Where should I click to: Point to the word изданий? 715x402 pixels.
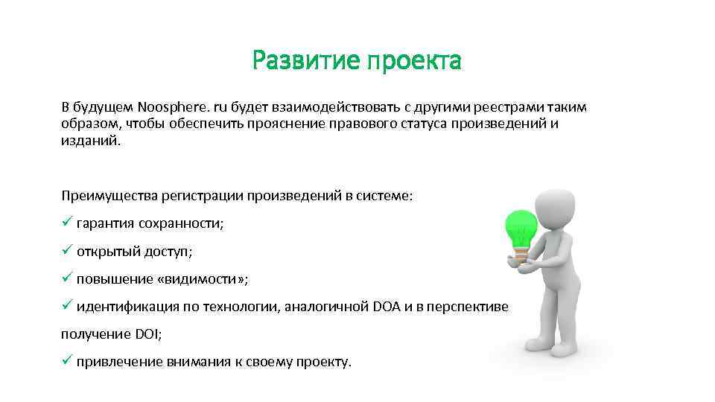coord(89,141)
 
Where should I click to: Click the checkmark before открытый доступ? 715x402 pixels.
coord(66,251)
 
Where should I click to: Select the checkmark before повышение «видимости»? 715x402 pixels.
coord(66,278)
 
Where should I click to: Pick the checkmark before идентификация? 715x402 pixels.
coord(66,306)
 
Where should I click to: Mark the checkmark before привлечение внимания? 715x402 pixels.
coord(66,361)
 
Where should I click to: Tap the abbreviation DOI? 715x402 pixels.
coord(147,334)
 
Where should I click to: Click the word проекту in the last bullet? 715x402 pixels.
coord(322,363)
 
